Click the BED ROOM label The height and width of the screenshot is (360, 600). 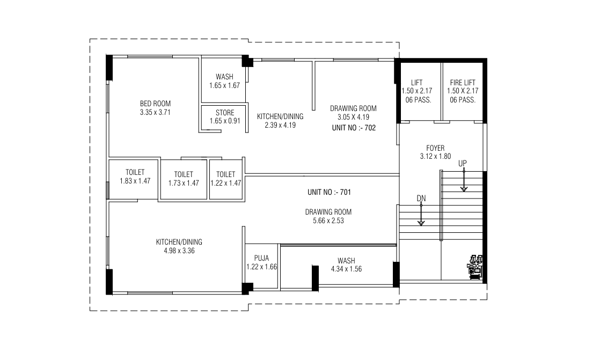click(x=155, y=104)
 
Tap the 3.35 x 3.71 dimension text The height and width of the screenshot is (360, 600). click(x=155, y=112)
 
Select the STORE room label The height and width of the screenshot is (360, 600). click(x=225, y=113)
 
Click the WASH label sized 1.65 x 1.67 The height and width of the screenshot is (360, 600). click(x=224, y=77)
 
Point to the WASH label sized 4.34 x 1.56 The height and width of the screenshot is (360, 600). click(x=346, y=260)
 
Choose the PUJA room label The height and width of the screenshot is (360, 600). click(x=261, y=258)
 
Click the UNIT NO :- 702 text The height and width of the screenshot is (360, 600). click(x=353, y=129)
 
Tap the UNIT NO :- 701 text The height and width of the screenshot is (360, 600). click(x=329, y=192)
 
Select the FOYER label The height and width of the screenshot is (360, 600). click(x=435, y=148)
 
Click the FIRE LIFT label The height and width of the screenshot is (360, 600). click(x=463, y=83)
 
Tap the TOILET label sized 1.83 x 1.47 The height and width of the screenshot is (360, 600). click(x=135, y=172)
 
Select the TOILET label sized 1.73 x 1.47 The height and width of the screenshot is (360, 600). click(x=183, y=174)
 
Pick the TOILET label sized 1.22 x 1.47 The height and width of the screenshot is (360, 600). click(x=225, y=174)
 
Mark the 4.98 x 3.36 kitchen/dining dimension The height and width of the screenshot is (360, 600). click(x=179, y=251)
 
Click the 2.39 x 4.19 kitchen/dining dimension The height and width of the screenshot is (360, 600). click(x=280, y=125)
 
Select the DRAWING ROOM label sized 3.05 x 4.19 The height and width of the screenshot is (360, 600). click(x=353, y=108)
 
